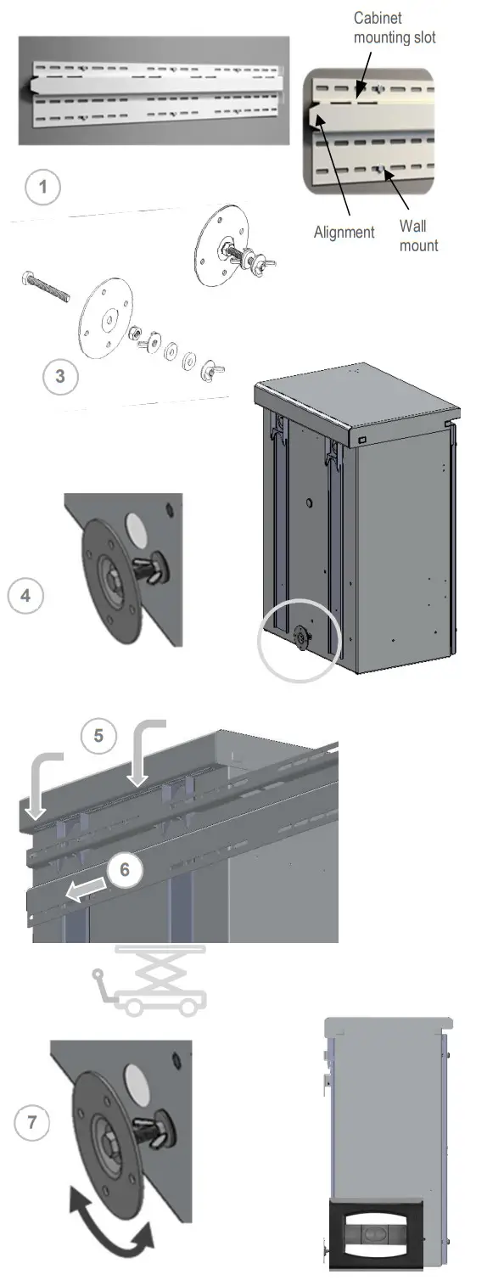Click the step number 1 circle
(42, 188)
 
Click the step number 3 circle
(60, 376)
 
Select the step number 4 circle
(25, 596)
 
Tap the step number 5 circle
(99, 736)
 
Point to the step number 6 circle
(125, 870)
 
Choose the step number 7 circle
(31, 1124)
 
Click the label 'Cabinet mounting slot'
(394, 27)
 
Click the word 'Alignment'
(344, 232)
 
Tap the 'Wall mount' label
(418, 236)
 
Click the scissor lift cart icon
(149, 982)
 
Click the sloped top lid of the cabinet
(356, 406)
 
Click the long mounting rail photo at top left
(153, 91)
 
